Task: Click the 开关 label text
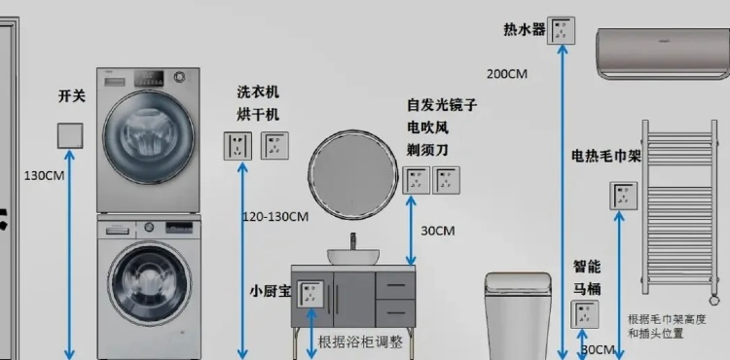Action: point(72,95)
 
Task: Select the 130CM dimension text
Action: point(45,175)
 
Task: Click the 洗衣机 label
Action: point(258,91)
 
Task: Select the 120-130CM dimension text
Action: point(275,216)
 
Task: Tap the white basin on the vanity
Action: point(352,256)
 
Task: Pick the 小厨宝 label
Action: point(270,290)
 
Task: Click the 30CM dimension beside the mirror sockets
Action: point(437,231)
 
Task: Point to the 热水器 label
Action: point(524,30)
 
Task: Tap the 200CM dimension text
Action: point(506,73)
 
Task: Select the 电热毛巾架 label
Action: point(605,158)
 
